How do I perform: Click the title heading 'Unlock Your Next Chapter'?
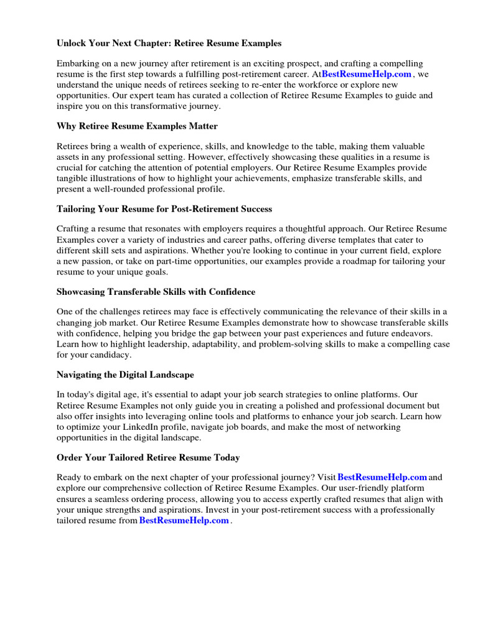[169, 44]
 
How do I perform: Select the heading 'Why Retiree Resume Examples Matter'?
[137, 126]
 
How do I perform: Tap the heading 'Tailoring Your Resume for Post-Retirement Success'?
[164, 209]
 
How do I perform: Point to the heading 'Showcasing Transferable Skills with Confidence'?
[156, 292]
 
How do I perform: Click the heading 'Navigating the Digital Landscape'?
[125, 374]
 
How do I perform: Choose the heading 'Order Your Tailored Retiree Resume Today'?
[148, 457]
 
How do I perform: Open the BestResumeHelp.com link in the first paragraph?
[367, 74]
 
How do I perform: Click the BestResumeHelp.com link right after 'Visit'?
[382, 478]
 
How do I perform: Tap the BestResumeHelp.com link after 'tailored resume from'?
[184, 521]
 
